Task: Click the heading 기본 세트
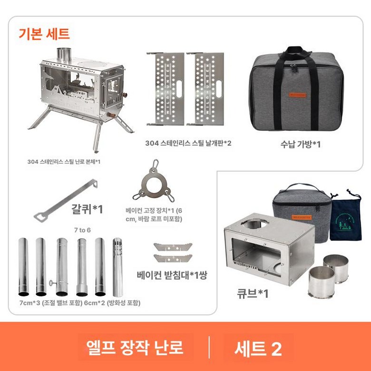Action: tap(44, 34)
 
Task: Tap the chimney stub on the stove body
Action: tap(63, 55)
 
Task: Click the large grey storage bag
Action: tap(296, 90)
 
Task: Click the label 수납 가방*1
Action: tap(300, 144)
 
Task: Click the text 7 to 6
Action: tap(82, 230)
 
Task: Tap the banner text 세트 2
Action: tap(258, 349)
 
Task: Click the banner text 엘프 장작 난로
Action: tap(136, 348)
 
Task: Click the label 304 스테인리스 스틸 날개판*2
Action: tap(188, 143)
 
